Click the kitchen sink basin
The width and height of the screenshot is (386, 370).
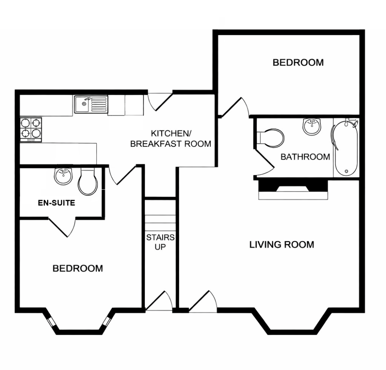[x=83, y=104]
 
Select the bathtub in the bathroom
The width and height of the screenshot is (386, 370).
[x=345, y=148]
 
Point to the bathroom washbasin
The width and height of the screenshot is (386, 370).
[x=312, y=126]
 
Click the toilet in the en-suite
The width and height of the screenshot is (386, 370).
[x=88, y=182]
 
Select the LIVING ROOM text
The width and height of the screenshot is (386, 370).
[x=281, y=244]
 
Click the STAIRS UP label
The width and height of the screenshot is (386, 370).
[x=160, y=242]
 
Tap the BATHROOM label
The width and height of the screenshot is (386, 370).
[x=305, y=157]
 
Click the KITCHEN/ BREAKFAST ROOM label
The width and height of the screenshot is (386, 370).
[x=171, y=139]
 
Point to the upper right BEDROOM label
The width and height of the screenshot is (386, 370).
[x=298, y=62]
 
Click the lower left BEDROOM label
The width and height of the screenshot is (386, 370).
[x=78, y=268]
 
